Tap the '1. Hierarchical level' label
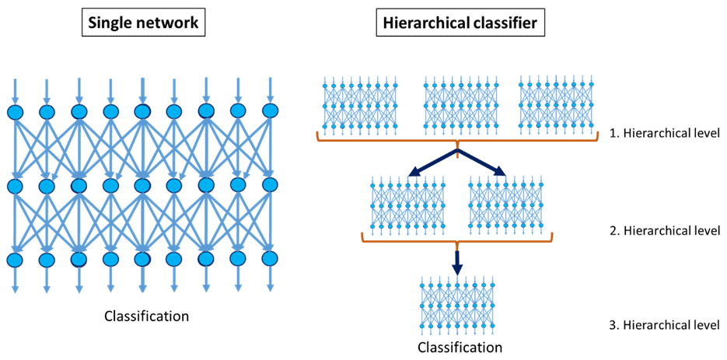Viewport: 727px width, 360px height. [x=666, y=134]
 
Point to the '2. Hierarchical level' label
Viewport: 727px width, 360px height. [x=666, y=230]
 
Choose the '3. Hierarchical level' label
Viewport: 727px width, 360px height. [x=666, y=325]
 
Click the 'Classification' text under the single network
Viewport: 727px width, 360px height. [x=147, y=316]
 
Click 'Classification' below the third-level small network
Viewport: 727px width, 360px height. [x=460, y=347]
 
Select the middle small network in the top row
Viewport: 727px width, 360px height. [x=459, y=106]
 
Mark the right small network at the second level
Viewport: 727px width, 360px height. [x=506, y=204]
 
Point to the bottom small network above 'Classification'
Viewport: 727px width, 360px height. [x=460, y=303]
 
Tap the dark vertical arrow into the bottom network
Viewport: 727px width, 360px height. [x=458, y=260]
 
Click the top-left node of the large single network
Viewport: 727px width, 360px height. [x=16, y=111]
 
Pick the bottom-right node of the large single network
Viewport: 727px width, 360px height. [x=270, y=257]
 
